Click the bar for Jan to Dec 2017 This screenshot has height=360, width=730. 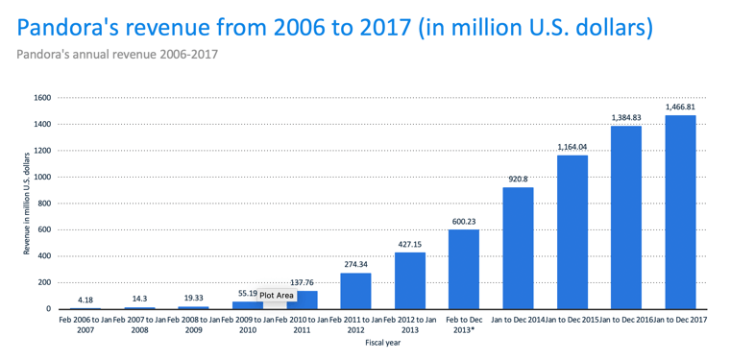(x=680, y=212)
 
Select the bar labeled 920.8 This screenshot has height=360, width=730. (x=518, y=248)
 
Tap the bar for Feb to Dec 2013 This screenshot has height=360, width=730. (x=464, y=270)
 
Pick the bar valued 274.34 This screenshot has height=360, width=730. (x=355, y=291)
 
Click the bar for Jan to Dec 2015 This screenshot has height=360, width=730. (x=572, y=232)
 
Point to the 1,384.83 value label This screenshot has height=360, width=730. (x=626, y=118)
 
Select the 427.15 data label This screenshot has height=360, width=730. (x=410, y=244)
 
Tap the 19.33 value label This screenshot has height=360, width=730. (x=193, y=298)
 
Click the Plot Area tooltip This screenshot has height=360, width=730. (x=277, y=295)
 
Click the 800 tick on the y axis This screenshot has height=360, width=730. (x=46, y=204)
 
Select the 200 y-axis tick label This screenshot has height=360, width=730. (x=46, y=283)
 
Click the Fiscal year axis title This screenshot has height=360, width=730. (x=382, y=344)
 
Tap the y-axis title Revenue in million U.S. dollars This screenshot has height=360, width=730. (x=27, y=204)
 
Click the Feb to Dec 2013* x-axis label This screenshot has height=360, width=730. (x=464, y=325)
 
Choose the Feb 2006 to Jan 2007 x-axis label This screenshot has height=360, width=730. (x=85, y=325)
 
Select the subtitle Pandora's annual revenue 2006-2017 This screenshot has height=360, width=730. (x=117, y=55)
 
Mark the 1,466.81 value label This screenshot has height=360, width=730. (x=680, y=108)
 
